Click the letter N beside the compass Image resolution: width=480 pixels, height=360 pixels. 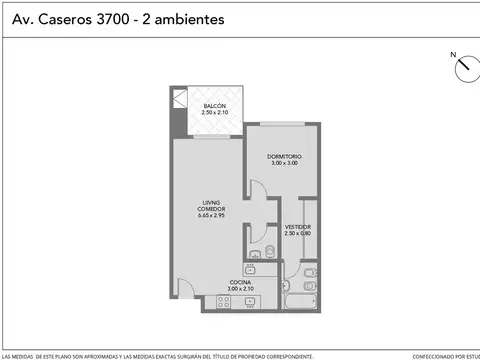click(452, 55)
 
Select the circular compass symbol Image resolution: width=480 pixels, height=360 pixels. click(465, 68)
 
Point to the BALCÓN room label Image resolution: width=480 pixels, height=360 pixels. click(215, 106)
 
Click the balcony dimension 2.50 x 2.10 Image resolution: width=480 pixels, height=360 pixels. click(215, 113)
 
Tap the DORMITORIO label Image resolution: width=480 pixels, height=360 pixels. click(284, 157)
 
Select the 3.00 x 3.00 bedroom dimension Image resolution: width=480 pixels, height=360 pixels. click(284, 164)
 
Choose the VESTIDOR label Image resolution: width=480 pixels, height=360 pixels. click(297, 226)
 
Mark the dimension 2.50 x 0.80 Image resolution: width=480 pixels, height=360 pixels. click(297, 233)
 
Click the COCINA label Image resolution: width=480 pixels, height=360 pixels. click(241, 282)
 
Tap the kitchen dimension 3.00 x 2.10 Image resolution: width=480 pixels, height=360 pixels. click(241, 289)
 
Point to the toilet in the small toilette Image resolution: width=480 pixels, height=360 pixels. click(271, 250)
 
